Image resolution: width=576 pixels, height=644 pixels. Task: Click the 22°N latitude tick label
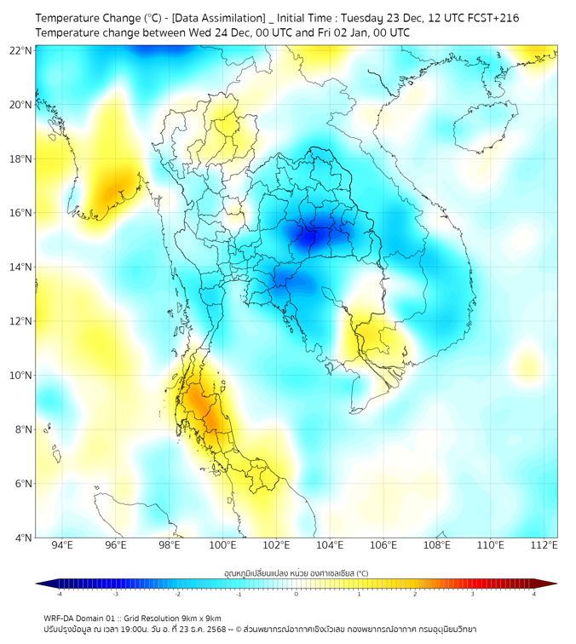tap(21, 50)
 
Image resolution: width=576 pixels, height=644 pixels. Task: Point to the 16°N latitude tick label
tap(21, 213)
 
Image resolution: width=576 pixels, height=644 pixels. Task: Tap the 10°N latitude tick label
tap(21, 376)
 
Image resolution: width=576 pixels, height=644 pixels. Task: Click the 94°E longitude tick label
tap(62, 545)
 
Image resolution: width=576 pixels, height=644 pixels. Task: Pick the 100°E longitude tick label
tap(222, 545)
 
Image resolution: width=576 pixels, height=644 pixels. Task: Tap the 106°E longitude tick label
tap(383, 545)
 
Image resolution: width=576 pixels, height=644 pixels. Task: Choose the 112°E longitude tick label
tap(544, 545)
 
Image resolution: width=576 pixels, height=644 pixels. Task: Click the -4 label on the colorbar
tap(59, 594)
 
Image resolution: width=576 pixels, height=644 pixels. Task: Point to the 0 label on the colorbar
tap(297, 594)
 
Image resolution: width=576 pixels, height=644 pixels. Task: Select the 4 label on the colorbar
tap(534, 594)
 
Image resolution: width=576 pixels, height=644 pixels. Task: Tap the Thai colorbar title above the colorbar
tap(296, 572)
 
